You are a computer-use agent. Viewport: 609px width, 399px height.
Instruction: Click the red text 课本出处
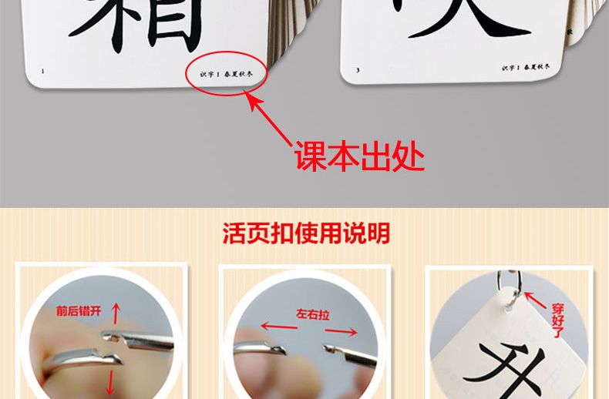click(359, 157)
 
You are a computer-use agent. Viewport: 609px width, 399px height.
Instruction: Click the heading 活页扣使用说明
click(305, 233)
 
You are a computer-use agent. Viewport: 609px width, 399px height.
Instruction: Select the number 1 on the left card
click(42, 72)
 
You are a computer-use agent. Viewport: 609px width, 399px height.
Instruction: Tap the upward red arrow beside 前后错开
click(116, 313)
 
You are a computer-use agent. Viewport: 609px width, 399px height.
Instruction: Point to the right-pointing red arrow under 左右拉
click(344, 332)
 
